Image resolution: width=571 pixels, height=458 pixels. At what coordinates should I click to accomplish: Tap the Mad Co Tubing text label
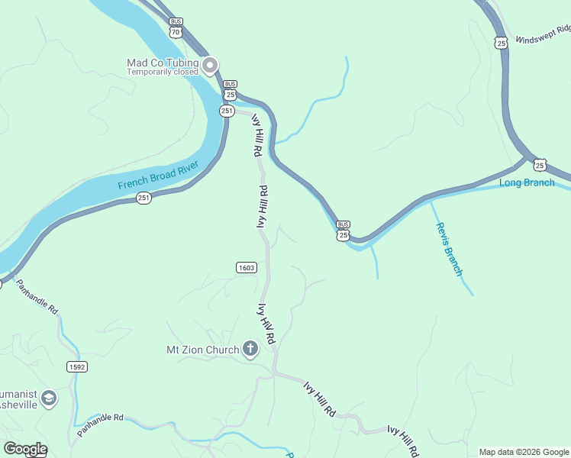point(163,63)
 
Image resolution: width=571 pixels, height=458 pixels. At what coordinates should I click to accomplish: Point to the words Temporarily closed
point(163,73)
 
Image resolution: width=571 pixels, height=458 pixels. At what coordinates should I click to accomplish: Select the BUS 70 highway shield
point(176,29)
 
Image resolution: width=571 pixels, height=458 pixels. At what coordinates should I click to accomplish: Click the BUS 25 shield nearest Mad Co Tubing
point(230,90)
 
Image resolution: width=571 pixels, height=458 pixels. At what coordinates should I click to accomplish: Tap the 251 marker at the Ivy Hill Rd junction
point(227,111)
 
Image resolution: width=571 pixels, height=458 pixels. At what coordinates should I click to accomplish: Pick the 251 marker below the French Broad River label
point(144,198)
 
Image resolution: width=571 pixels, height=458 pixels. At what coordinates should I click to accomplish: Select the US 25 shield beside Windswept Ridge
point(500,42)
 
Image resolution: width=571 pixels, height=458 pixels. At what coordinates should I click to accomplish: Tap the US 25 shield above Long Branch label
point(540,165)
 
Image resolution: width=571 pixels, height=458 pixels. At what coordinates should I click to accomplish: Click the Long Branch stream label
point(527,182)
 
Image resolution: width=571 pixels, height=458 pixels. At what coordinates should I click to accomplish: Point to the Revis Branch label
point(449,249)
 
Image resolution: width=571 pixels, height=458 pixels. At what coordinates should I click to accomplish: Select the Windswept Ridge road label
point(543,34)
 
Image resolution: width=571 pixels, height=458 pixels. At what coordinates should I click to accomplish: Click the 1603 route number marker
point(246,267)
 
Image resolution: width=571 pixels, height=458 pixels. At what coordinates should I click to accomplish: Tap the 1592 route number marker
point(77,366)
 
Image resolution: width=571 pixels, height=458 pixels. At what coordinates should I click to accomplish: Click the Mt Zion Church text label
point(202,350)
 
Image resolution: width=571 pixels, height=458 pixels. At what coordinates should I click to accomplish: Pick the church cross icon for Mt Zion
point(250,350)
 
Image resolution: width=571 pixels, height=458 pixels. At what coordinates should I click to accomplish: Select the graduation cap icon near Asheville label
point(50,398)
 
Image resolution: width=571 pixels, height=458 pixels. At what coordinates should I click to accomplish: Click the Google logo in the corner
point(25,448)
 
